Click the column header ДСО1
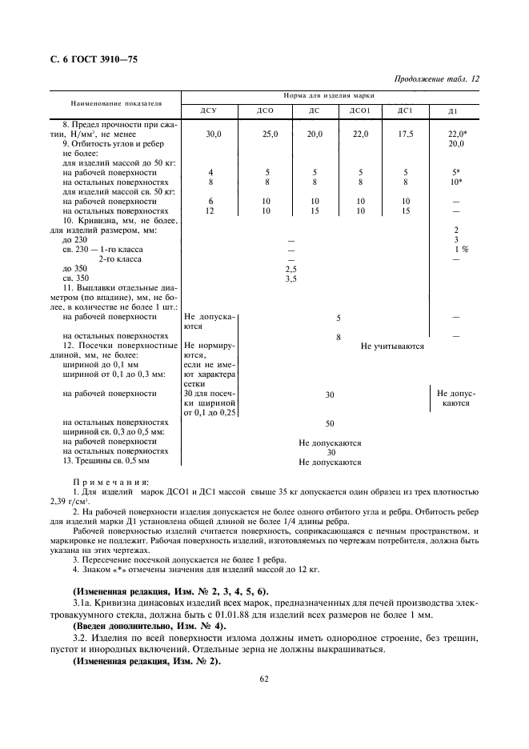(362, 111)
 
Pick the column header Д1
(453, 111)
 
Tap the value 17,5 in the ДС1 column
(406, 134)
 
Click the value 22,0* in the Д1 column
(457, 134)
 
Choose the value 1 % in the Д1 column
(461, 250)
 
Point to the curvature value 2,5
(291, 270)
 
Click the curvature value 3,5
(291, 279)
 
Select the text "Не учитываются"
(392, 346)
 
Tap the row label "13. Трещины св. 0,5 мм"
(106, 461)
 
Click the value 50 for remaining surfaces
(329, 422)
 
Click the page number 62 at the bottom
(263, 679)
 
